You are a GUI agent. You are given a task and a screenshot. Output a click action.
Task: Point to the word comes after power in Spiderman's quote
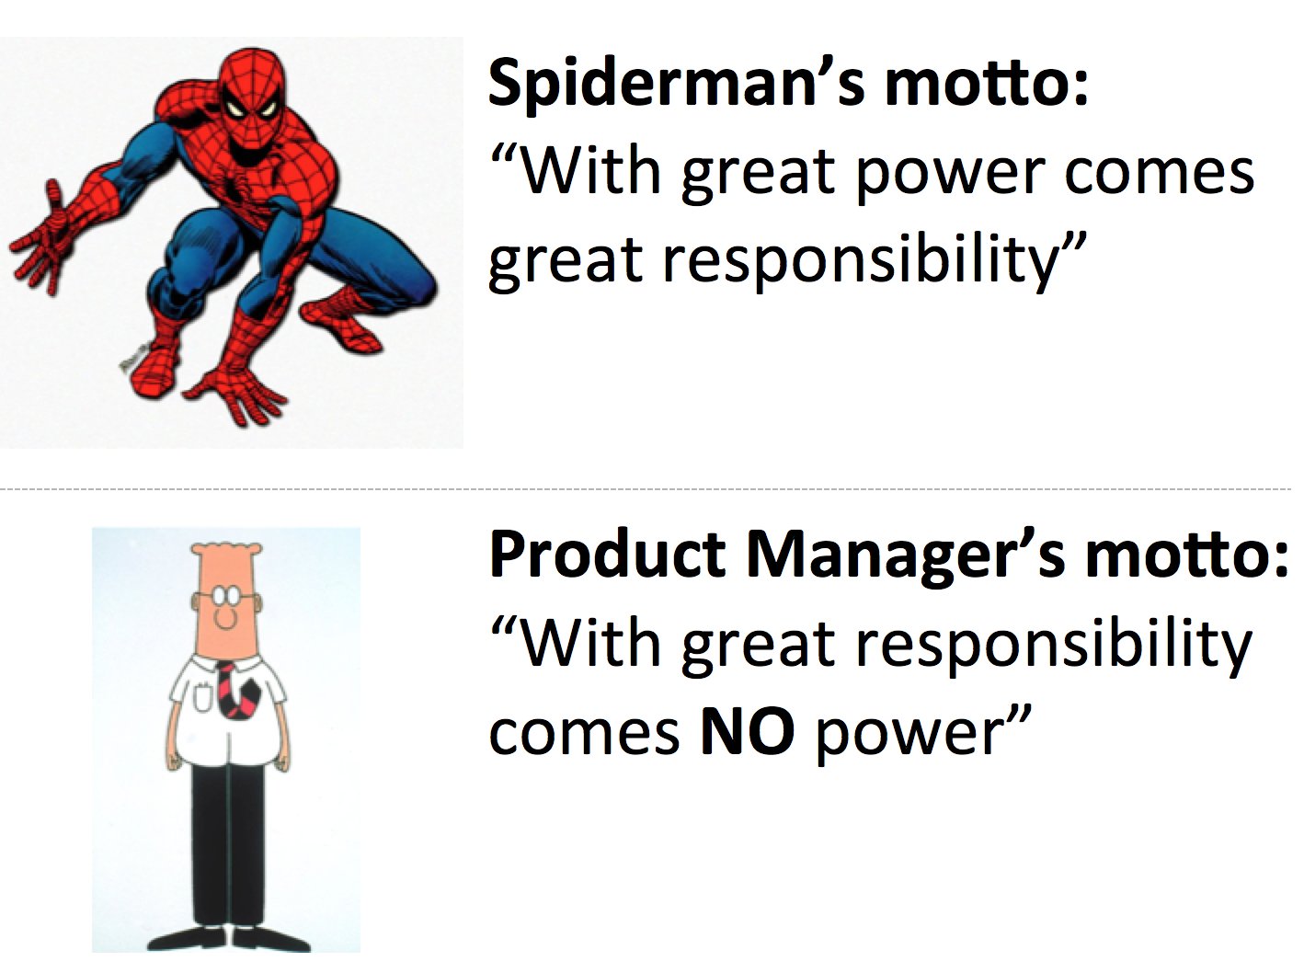tap(1159, 174)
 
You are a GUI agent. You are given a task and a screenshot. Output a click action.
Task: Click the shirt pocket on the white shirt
tap(202, 695)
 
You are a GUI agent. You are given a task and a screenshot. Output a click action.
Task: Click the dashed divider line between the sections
tap(646, 489)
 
